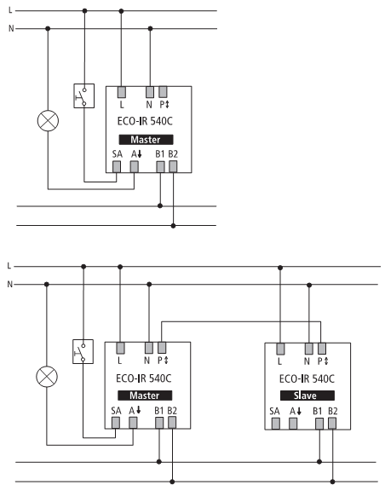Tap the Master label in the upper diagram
tap(146, 140)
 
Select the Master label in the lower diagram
tap(145, 396)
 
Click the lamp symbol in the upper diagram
tap(48, 120)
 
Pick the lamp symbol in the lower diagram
tap(47, 377)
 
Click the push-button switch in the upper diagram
tap(83, 95)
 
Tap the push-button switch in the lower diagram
tap(83, 351)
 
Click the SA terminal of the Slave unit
tap(275, 424)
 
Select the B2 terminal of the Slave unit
tap(332, 424)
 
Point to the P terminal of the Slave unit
tap(322, 349)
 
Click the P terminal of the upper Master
tap(163, 92)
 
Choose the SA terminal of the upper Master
tap(117, 166)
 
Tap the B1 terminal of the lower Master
tap(159, 423)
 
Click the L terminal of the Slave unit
tap(280, 349)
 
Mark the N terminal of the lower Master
tap(149, 348)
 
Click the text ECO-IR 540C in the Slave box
tap(307, 378)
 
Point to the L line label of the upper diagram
tap(10, 10)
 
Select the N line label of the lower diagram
tap(10, 284)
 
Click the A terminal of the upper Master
tap(135, 166)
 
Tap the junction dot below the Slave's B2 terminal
tap(332, 482)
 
